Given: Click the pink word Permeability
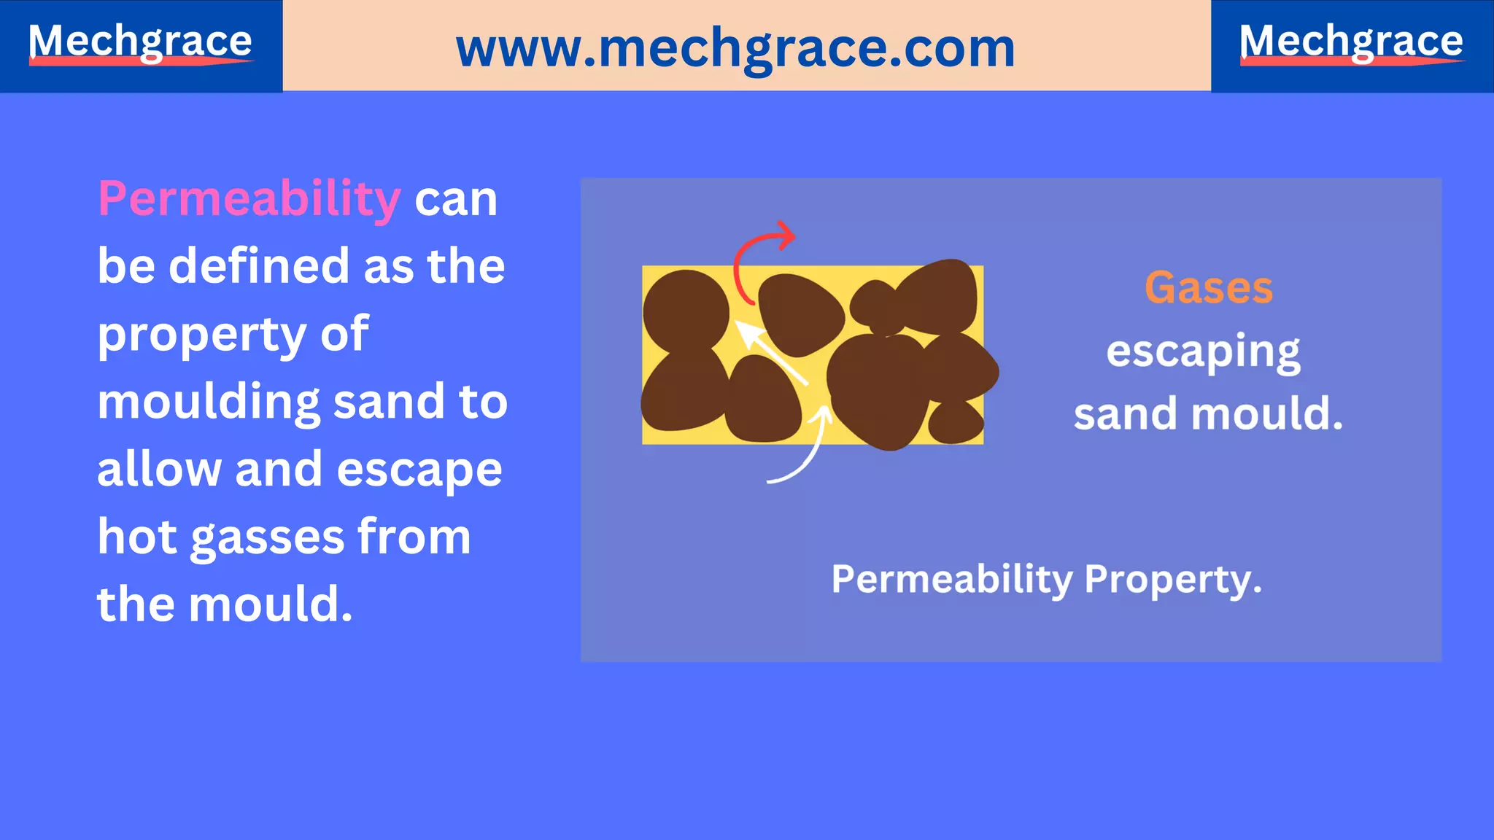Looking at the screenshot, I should tap(249, 198).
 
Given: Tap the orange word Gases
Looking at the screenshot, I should tap(1208, 287).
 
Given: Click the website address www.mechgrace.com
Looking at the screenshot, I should tap(735, 48).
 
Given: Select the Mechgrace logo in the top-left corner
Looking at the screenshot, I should tap(140, 42).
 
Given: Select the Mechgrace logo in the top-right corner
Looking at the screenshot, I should tap(1351, 42).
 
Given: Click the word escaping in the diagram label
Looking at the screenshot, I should tap(1203, 352).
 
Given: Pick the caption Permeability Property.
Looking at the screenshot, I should tap(1046, 580).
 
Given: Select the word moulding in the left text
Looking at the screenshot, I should tap(208, 402).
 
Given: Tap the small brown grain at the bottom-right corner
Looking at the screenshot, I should tap(956, 422).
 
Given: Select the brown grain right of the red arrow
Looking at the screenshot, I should tap(800, 314).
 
